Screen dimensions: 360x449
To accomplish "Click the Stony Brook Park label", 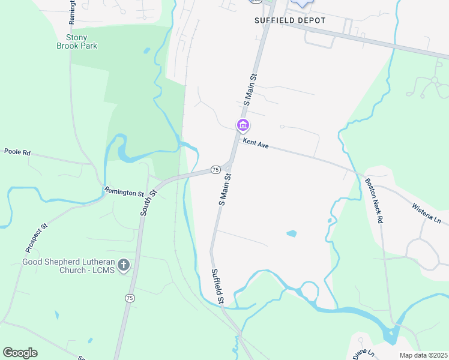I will pos(77,41).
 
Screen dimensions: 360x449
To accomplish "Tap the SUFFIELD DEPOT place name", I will pos(290,20).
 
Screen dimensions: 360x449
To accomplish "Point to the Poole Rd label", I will pos(17,152).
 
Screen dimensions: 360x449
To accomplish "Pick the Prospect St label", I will pos(35,238).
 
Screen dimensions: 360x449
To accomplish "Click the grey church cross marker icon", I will pos(124,265).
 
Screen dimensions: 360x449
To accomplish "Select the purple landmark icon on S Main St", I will pos(243,125).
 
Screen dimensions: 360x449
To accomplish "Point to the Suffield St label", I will pos(217,286).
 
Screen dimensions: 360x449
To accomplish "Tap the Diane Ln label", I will pos(364,353).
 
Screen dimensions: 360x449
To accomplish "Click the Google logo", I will pos(20,352).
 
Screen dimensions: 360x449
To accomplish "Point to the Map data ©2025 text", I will pos(424,355).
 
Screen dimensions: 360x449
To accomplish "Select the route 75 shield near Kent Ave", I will pos(215,170).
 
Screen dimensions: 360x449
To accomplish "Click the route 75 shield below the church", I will pos(129,298).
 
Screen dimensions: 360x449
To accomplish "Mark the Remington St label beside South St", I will pos(124,193).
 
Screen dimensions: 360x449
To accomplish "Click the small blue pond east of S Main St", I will pos(291,233).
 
